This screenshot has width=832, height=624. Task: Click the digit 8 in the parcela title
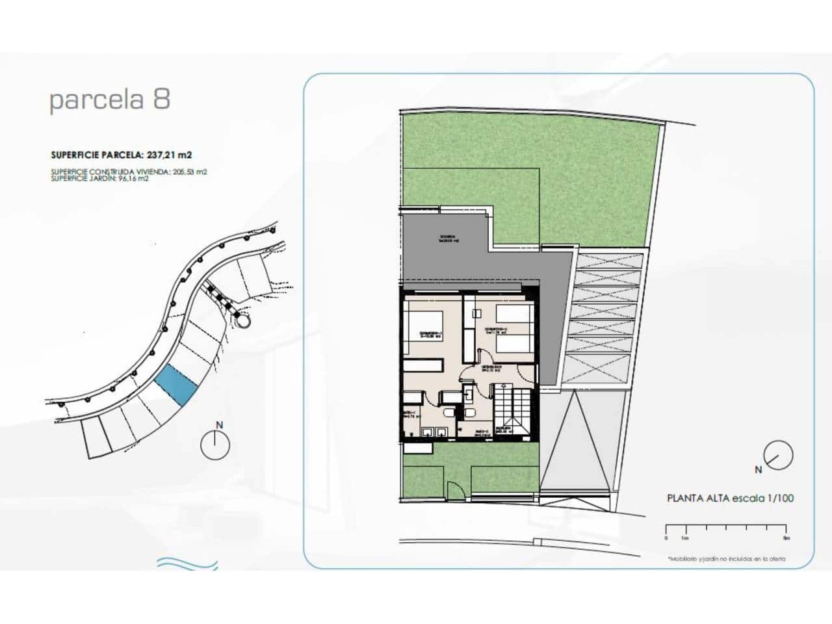162,99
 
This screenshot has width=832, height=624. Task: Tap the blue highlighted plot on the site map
177,385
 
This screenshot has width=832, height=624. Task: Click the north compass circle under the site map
216,446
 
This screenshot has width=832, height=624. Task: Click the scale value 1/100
781,499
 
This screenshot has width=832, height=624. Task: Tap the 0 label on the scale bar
666,538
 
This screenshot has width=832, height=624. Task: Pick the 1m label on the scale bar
684,538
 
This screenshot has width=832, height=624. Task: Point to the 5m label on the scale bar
786,538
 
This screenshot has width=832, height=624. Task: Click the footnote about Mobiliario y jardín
726,558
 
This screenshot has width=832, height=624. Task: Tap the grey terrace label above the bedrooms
448,238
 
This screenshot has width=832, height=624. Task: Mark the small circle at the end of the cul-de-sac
244,320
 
